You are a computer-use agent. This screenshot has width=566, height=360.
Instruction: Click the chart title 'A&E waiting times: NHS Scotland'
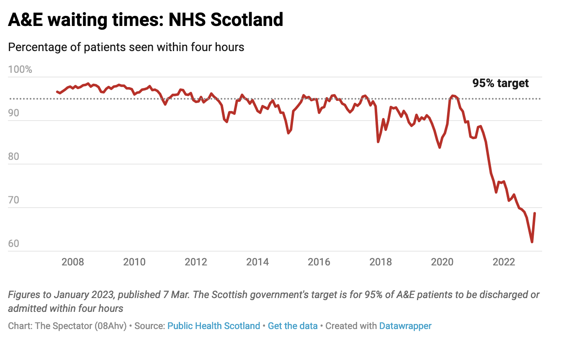tap(146, 20)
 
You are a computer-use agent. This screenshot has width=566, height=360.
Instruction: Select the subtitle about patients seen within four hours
tap(126, 47)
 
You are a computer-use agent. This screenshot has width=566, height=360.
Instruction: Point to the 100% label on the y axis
tap(20, 69)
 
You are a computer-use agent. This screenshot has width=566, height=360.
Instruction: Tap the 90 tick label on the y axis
tap(14, 113)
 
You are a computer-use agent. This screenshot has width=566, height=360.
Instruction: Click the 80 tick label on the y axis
tap(14, 157)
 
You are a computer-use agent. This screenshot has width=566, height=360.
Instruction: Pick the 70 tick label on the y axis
tap(14, 200)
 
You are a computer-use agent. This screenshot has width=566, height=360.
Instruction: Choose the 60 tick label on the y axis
tap(14, 244)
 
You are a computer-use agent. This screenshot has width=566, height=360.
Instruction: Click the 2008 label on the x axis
tap(73, 262)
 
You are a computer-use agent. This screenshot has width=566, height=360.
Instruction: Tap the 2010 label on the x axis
tap(134, 262)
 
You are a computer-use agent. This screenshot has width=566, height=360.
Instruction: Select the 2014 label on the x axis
tap(257, 262)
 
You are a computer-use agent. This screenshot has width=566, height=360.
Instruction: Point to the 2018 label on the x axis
tap(381, 262)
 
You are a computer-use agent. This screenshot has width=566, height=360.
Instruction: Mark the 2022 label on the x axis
tap(504, 262)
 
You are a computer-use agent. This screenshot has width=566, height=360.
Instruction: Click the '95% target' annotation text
tap(500, 83)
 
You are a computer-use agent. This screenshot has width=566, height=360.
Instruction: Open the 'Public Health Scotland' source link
tap(214, 326)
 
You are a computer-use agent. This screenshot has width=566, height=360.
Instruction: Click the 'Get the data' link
tap(293, 326)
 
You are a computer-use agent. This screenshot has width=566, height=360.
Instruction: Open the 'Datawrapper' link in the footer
tap(405, 326)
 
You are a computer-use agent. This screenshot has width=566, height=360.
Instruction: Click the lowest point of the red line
tap(532, 242)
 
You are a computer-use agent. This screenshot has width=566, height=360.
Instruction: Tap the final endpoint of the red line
tap(535, 213)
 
